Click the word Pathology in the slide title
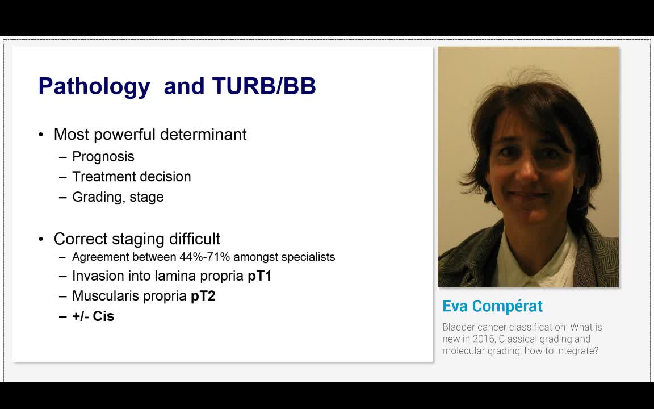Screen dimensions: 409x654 [x=94, y=86]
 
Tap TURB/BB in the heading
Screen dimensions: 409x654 [x=264, y=86]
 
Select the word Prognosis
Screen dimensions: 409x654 [x=103, y=157]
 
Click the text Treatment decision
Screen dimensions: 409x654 [x=132, y=177]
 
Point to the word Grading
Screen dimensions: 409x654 [x=95, y=197]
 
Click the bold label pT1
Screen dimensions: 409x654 [x=259, y=276]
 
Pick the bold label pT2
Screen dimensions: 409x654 [x=203, y=296]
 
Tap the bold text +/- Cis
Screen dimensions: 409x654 [x=93, y=316]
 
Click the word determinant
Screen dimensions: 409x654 [x=203, y=135]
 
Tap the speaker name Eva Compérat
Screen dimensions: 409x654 [x=492, y=306]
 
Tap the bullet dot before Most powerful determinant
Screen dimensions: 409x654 [x=41, y=135]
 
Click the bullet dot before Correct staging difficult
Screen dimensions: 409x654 [x=41, y=239]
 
